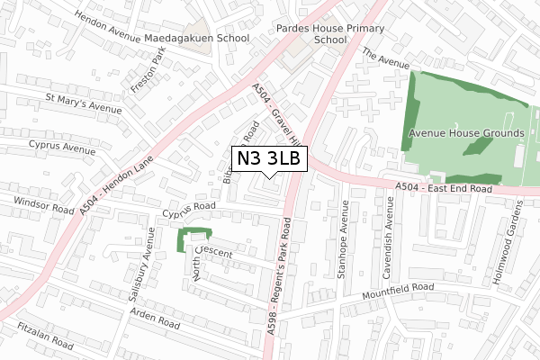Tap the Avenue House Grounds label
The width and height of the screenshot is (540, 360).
pyautogui.click(x=466, y=133)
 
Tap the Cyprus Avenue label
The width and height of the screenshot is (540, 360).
pyautogui.click(x=60, y=146)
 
